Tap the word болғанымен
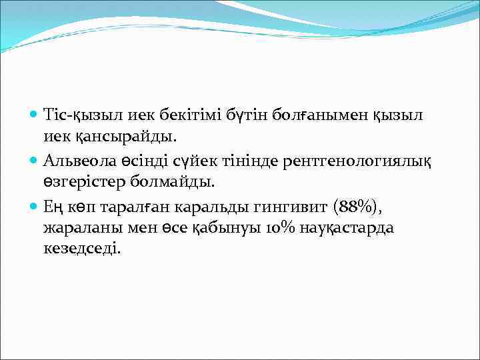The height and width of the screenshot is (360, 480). point(308,115)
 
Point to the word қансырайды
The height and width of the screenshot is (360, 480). point(121,137)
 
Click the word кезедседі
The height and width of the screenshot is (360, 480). point(82,249)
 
